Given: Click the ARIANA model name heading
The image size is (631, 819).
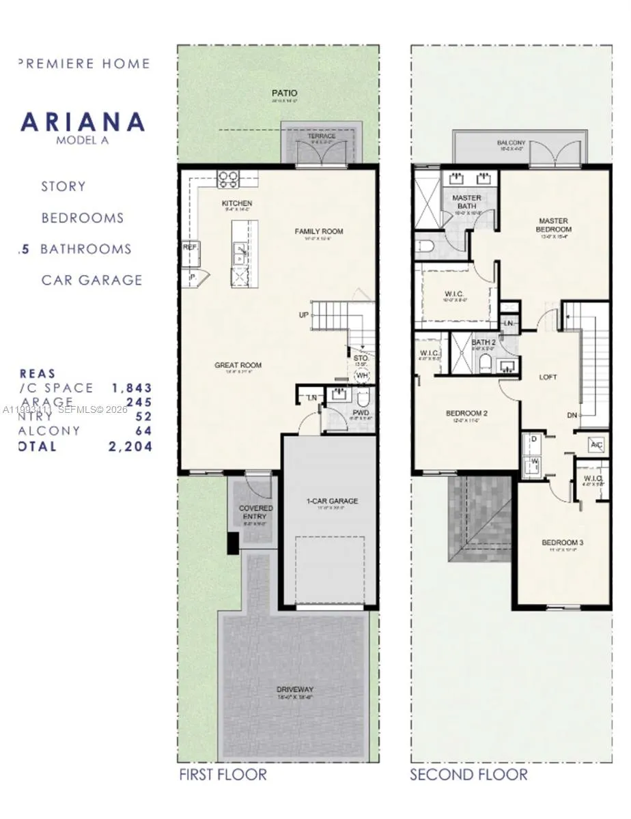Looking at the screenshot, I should pos(83,122).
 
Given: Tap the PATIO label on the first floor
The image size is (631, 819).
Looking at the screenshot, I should pos(284,93).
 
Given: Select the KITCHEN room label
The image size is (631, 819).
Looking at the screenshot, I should pos(237,203).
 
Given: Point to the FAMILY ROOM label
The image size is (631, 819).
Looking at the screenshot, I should pos(319,231).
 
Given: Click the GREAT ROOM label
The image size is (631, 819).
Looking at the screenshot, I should pos(238,365).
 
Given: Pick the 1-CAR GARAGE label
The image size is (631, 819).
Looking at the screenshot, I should pos(332,501).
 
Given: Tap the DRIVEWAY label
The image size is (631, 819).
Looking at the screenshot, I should pos(296,689).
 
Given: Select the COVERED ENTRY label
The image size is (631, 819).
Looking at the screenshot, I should pos(255,513).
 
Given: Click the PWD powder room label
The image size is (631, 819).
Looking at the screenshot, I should pos(361,413).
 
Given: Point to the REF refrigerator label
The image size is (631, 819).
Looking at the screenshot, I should pos(190,248).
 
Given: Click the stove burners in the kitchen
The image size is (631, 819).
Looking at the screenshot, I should pos(227,179).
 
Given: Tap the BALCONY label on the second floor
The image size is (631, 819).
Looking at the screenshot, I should pos(511,143).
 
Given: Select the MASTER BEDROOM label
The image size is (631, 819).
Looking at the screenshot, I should pos(554,225).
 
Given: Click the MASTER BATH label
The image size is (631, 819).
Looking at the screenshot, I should pos(466,202).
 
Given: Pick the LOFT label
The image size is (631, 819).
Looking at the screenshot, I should pos(548,377).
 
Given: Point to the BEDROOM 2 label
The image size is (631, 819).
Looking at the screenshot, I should pos(466,413).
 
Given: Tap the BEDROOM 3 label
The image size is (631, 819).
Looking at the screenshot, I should pos(562,543).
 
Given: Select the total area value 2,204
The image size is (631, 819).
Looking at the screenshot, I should pos(130,446).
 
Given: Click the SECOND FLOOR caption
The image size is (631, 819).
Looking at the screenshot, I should pos(468,774).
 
